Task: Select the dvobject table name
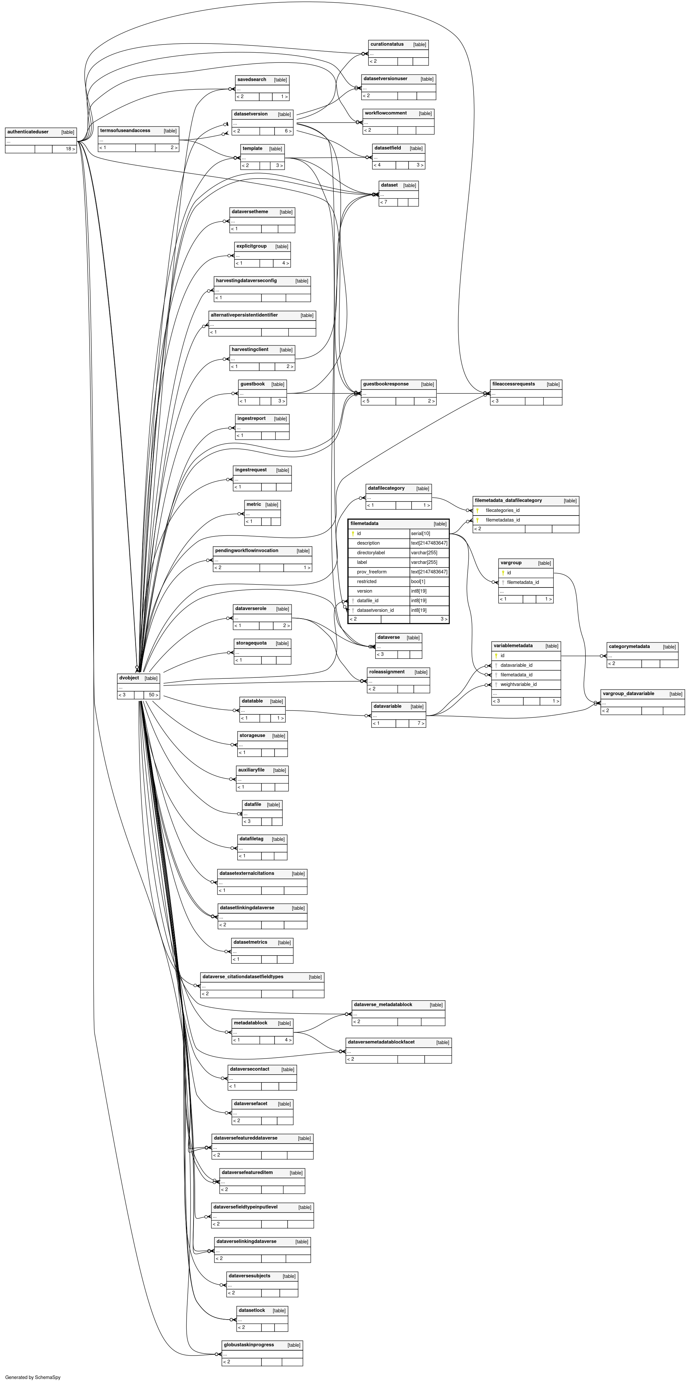click(x=129, y=678)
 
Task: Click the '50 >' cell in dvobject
click(x=153, y=695)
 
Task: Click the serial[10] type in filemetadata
click(x=420, y=534)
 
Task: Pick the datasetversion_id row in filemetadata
click(x=375, y=610)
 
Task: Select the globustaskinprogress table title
click(x=249, y=1345)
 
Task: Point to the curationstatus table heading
click(x=387, y=44)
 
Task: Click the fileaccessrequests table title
click(x=513, y=384)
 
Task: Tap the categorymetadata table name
click(x=629, y=647)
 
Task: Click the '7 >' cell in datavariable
click(x=420, y=724)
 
